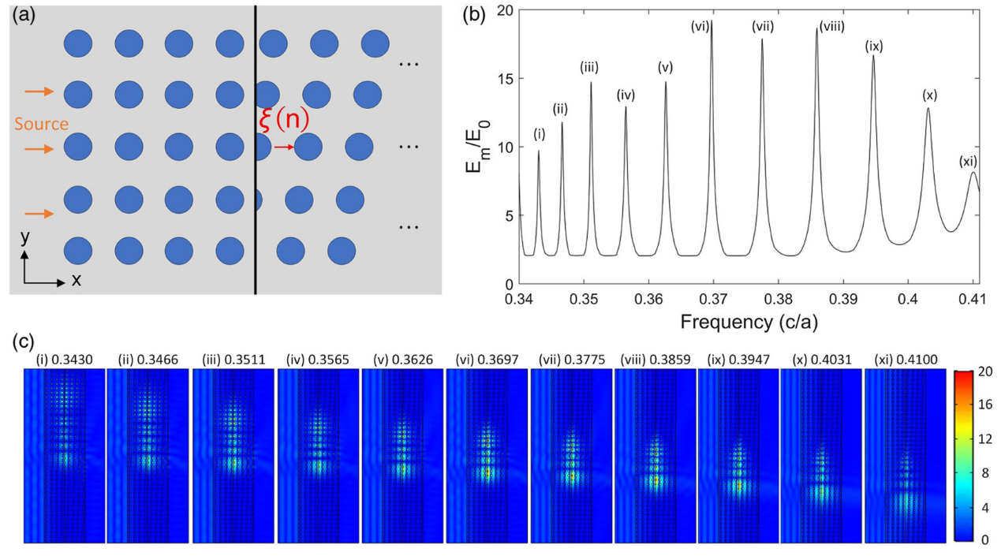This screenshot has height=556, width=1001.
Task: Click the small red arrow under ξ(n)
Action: tap(284, 147)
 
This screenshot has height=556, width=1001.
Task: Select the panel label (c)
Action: tap(23, 341)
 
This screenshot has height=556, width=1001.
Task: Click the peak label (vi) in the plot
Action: tap(700, 27)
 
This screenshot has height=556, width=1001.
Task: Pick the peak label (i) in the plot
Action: tap(539, 133)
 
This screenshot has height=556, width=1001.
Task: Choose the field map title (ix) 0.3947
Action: tap(737, 360)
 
